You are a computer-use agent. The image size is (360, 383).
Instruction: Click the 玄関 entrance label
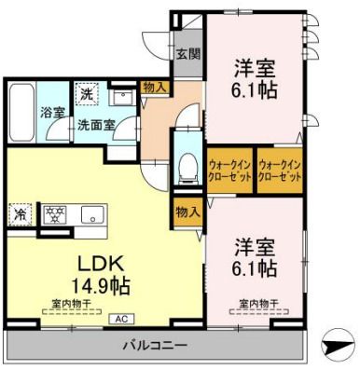click(187, 54)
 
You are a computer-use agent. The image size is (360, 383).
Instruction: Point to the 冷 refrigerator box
click(20, 213)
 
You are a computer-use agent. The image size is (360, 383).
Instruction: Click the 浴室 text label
click(52, 112)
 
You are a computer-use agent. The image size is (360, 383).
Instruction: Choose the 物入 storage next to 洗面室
click(155, 88)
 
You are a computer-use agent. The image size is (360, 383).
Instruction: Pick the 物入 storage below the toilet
click(187, 212)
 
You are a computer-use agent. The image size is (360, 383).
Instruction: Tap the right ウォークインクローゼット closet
click(280, 169)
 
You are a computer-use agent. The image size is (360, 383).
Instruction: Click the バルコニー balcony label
click(156, 345)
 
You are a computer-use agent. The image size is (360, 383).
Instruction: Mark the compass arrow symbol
click(337, 345)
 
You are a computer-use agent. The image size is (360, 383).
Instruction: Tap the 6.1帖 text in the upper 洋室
click(255, 91)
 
